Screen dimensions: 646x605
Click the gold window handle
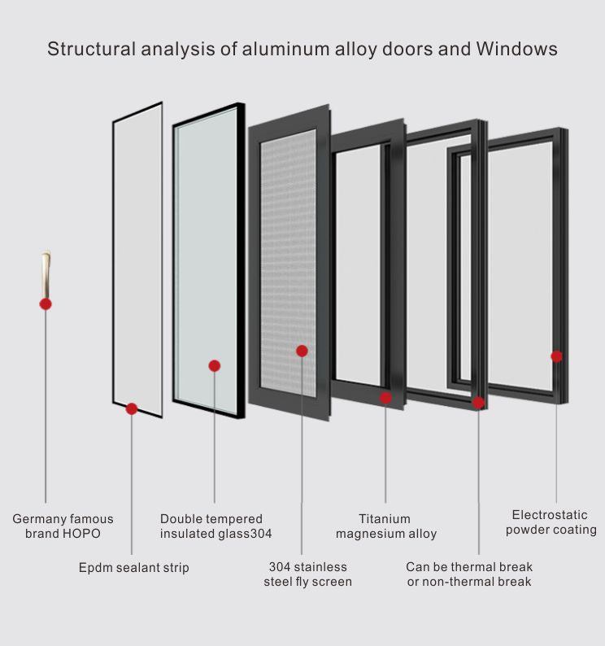pos(46,273)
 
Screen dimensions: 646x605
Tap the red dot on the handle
pos(46,303)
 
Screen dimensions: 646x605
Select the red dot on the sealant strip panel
pos(132,408)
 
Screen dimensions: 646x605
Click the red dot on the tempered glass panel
pos(215,366)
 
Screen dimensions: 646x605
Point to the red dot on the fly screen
pos(302,351)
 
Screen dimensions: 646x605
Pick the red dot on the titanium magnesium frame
pos(385,398)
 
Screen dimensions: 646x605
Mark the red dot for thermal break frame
pos(478,402)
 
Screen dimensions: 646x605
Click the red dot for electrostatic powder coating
pos(556,356)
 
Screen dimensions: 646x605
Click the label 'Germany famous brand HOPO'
pos(63,526)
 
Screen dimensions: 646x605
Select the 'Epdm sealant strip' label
pos(133,568)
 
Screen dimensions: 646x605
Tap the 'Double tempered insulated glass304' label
pos(215,526)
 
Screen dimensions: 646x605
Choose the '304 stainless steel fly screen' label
pos(307,574)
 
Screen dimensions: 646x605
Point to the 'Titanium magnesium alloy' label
pos(385,526)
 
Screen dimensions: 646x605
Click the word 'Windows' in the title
pos(516,49)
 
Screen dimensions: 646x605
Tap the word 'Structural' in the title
pos(89,49)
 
